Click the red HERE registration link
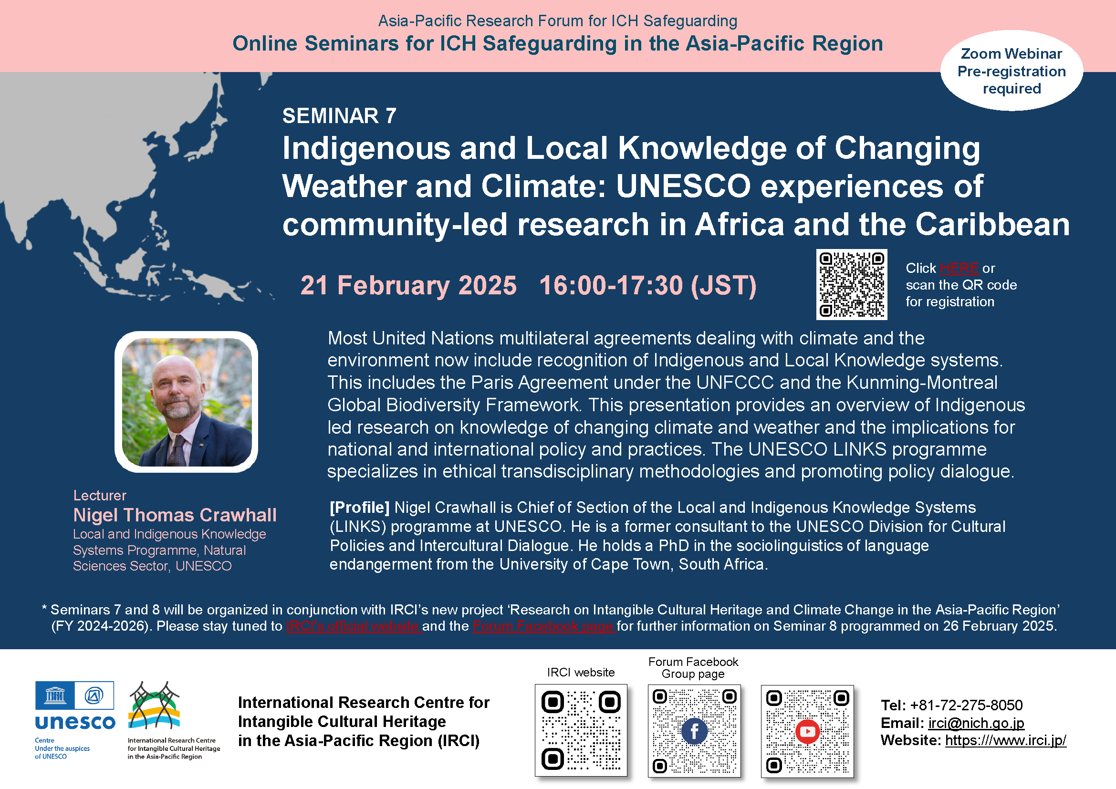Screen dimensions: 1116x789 click(959, 268)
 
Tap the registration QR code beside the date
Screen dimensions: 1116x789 click(852, 285)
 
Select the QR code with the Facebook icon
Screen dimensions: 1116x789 click(694, 731)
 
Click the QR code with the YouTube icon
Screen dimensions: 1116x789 click(807, 731)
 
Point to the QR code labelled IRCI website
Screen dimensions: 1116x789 click(581, 730)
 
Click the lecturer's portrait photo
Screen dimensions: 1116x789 click(187, 402)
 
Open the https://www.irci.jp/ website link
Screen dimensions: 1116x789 click(1005, 740)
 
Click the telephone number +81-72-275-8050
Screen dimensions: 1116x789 click(966, 705)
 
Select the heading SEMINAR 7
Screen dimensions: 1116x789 click(339, 116)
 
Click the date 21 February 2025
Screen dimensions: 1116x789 click(408, 285)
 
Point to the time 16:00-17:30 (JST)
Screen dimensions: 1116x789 click(648, 285)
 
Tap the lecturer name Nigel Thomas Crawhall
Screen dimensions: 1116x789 click(175, 515)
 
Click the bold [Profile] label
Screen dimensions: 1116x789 click(360, 508)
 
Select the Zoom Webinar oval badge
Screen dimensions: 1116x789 click(1012, 71)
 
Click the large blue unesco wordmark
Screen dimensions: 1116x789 click(75, 722)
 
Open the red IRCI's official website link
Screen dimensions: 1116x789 click(354, 626)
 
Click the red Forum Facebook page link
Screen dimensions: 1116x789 click(544, 626)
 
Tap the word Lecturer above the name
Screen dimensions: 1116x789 click(100, 496)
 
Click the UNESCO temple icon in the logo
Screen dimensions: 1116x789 click(55, 696)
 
